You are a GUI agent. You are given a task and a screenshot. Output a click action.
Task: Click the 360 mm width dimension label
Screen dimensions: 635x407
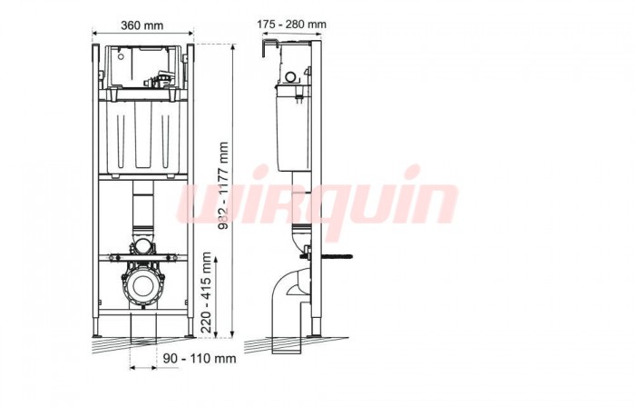click(x=142, y=25)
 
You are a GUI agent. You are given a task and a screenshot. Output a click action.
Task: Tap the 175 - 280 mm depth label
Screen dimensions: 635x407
click(x=291, y=25)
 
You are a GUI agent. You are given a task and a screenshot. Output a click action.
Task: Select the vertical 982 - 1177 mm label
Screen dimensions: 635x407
click(x=223, y=185)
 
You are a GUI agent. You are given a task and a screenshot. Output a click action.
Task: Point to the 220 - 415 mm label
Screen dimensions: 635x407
click(x=207, y=293)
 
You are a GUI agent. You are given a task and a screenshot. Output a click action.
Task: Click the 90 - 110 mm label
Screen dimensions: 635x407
click(x=200, y=358)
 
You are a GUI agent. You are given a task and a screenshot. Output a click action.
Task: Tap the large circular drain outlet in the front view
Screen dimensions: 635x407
click(x=142, y=284)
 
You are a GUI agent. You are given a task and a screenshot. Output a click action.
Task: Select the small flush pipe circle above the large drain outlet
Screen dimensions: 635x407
click(x=143, y=245)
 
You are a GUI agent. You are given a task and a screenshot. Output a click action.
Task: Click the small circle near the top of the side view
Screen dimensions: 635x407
click(x=291, y=77)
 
